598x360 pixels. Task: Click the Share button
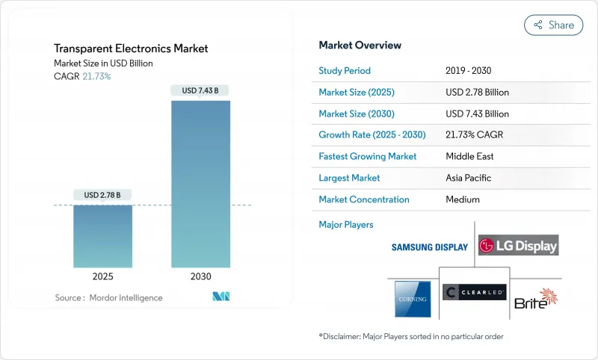click(x=553, y=25)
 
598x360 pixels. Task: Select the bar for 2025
click(x=102, y=236)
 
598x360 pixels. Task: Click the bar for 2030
click(x=200, y=184)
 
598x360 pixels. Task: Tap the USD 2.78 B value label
click(x=102, y=195)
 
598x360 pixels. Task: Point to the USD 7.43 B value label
click(x=200, y=90)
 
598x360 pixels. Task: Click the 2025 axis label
click(x=102, y=276)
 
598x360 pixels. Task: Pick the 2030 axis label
click(x=200, y=276)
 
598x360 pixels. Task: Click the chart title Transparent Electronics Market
click(x=131, y=49)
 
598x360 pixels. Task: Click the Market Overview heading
click(x=360, y=45)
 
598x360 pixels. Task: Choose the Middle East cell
click(x=470, y=157)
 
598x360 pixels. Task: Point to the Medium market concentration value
click(x=462, y=199)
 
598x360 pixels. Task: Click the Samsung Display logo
click(x=430, y=247)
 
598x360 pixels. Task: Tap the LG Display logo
click(x=518, y=246)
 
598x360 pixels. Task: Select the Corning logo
click(x=413, y=299)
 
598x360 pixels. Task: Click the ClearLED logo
click(x=474, y=292)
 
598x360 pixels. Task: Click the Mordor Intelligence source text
click(x=108, y=298)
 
